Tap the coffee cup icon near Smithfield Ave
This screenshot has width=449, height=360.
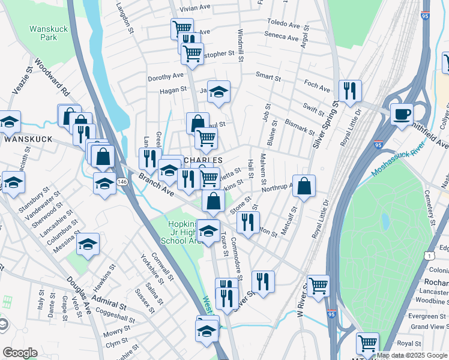click(x=402, y=113)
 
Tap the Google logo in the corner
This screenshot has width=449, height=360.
click(x=20, y=353)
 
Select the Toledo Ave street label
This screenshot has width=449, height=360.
click(x=284, y=25)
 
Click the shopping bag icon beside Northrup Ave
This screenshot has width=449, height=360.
click(x=304, y=185)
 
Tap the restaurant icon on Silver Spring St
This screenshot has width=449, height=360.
click(x=350, y=91)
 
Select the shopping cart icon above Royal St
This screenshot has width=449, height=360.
click(x=367, y=343)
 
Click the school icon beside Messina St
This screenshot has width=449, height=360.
click(x=88, y=244)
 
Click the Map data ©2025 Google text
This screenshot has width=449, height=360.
click(x=412, y=355)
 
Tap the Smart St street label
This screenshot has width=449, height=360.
click(x=268, y=77)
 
